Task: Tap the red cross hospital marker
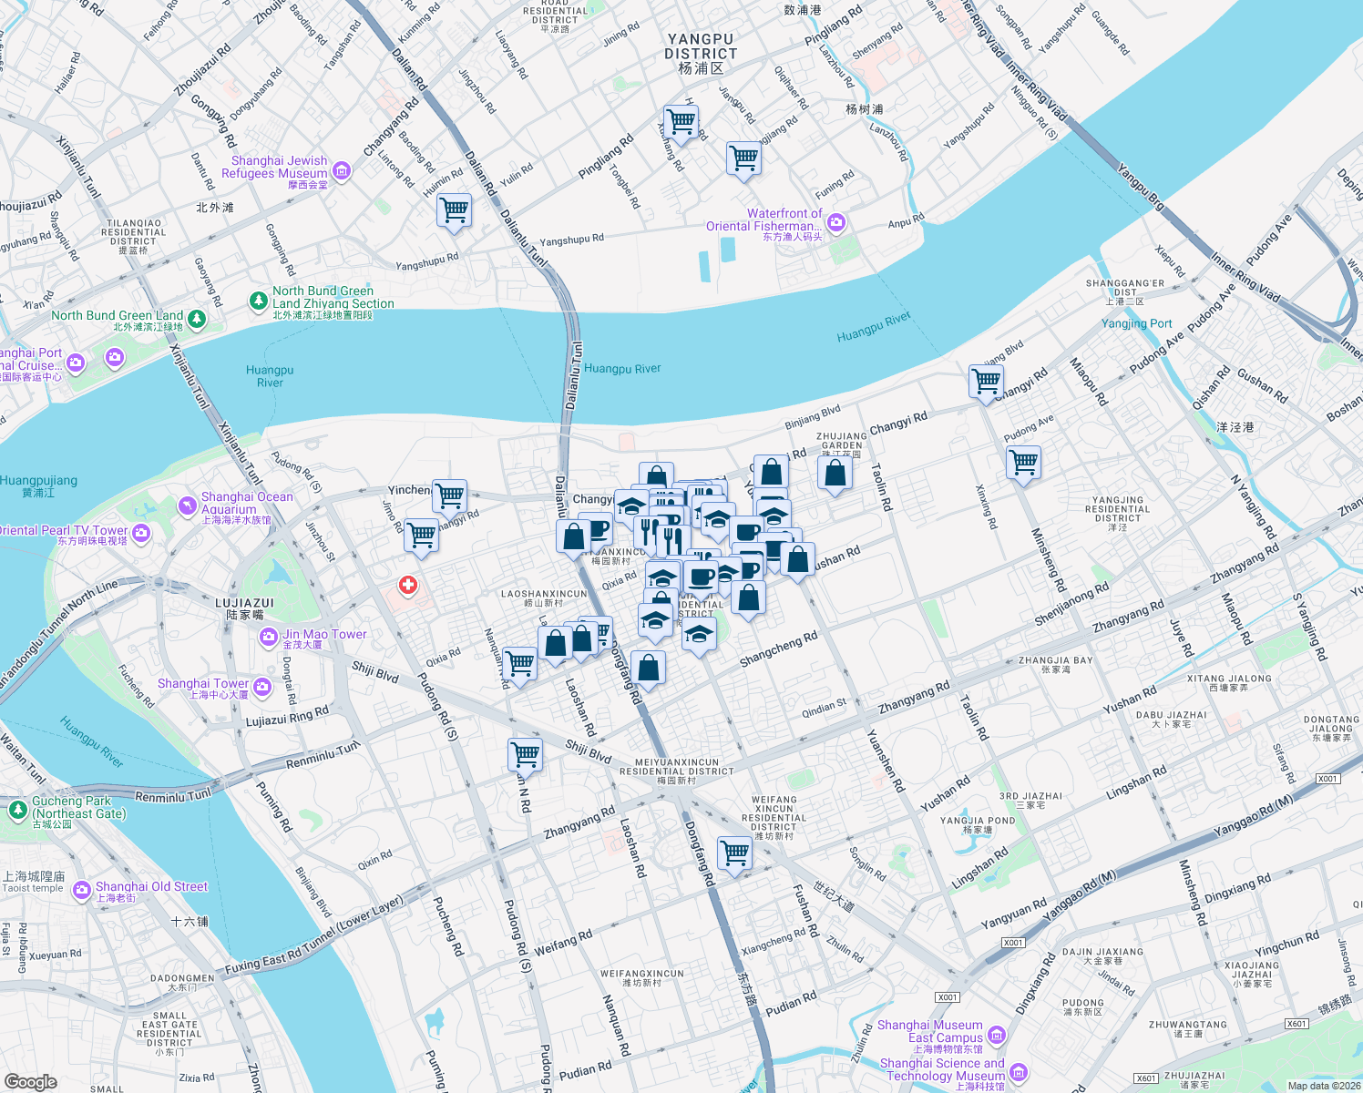(408, 585)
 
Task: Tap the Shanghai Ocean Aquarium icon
(188, 506)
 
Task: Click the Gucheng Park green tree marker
(17, 809)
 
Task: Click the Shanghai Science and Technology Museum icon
(1019, 1072)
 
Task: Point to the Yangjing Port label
(1136, 323)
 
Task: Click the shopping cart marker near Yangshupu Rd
(454, 210)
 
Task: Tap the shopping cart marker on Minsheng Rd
(1024, 462)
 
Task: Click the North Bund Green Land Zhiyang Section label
(333, 298)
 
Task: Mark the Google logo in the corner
(30, 1082)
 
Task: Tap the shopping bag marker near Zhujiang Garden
(835, 473)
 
